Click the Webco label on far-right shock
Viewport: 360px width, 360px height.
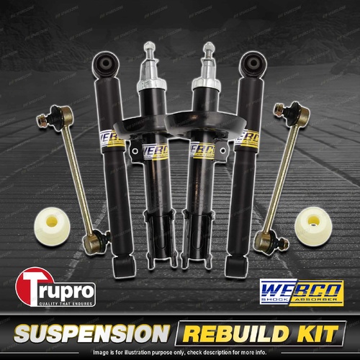(x=249, y=136)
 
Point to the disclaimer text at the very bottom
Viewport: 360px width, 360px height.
(x=180, y=353)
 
